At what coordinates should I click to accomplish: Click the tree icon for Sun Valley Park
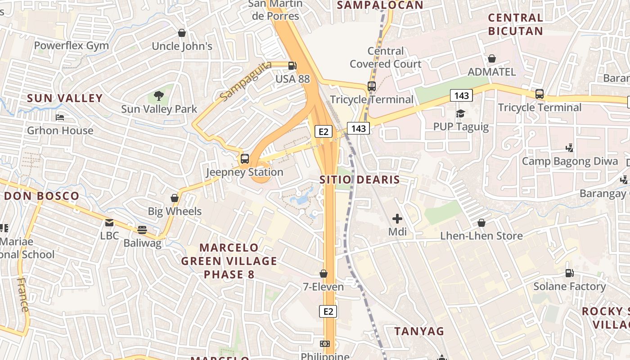coord(158,95)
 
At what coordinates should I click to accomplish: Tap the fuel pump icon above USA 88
coord(292,65)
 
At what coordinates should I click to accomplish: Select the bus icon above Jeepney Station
coord(245,158)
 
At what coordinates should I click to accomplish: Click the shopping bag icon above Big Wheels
coord(175,198)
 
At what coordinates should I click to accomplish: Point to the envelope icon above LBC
coord(109,222)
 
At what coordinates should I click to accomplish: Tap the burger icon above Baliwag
coord(142,230)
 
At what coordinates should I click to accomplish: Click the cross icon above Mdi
coord(397,219)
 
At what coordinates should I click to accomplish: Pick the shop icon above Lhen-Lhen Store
coord(481,222)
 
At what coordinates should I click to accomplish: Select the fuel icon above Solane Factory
coord(569,273)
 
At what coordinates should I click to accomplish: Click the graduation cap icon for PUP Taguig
coord(460,113)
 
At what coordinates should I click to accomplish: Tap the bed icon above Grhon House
coord(60,117)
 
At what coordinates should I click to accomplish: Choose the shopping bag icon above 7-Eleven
coord(323,274)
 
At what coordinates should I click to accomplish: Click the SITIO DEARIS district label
coord(360,180)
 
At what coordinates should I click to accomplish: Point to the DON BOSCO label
coord(41,196)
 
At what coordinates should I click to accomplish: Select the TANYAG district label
coord(419,331)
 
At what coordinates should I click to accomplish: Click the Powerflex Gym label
coord(72,45)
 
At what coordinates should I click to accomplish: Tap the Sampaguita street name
coord(246,81)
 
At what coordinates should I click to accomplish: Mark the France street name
coord(22,295)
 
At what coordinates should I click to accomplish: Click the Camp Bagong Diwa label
coord(570,162)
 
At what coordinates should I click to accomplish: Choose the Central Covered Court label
coord(386,58)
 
